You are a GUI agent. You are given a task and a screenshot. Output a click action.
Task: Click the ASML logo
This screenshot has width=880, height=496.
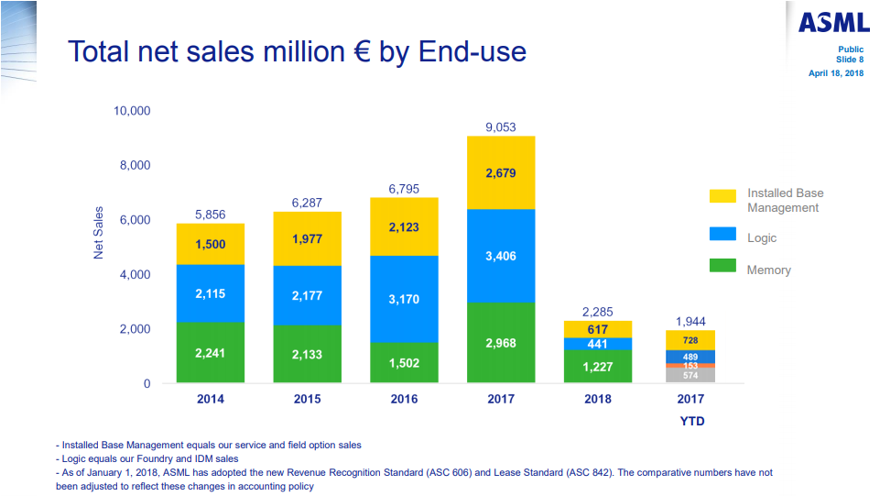click(832, 23)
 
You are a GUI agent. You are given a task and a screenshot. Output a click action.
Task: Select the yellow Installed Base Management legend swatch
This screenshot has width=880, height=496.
click(722, 196)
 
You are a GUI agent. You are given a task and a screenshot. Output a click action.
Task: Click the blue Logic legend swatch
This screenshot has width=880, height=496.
click(722, 234)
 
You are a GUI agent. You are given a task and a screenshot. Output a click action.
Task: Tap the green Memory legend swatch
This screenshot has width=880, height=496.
click(722, 266)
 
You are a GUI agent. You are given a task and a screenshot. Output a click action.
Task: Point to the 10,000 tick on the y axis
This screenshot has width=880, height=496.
click(132, 111)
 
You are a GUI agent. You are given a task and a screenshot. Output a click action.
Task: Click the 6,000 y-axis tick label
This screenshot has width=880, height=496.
click(135, 220)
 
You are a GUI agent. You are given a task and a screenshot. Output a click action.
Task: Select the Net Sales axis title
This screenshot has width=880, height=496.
click(99, 233)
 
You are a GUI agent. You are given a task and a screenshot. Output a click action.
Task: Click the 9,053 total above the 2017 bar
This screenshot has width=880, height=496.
click(501, 127)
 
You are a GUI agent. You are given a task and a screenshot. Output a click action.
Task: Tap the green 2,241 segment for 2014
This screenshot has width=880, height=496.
click(210, 352)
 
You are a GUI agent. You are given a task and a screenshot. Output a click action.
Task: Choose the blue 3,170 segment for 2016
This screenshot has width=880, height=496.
click(404, 299)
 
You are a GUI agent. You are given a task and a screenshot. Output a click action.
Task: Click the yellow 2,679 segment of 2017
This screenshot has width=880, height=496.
click(501, 172)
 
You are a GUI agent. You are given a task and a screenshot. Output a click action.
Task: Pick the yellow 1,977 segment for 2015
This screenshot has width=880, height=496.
click(307, 238)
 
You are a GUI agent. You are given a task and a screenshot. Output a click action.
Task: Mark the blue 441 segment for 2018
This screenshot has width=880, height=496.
click(597, 344)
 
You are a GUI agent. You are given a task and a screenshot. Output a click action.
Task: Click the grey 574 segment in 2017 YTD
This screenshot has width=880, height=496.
click(690, 375)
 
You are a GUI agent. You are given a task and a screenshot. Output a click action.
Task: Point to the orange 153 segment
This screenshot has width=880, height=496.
click(690, 365)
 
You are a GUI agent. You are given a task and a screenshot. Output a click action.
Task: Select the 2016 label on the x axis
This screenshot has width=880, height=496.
click(404, 399)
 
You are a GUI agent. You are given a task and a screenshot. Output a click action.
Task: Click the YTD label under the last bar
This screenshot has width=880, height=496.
click(690, 421)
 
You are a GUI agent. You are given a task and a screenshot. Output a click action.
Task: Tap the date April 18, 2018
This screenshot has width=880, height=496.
click(836, 72)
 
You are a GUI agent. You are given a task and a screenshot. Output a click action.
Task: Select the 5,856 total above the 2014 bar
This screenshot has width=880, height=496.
click(210, 215)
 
